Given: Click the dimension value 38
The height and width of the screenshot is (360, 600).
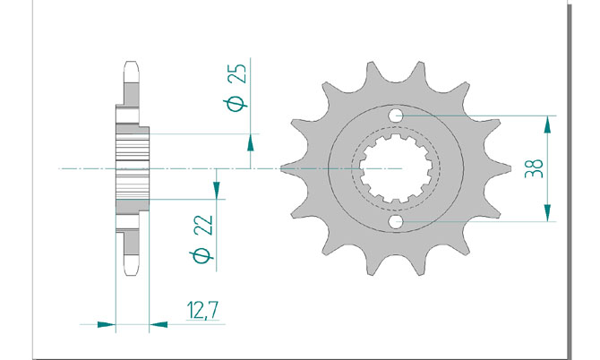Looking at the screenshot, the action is tap(534, 168).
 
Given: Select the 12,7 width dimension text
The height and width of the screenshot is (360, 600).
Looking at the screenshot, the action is tap(202, 310).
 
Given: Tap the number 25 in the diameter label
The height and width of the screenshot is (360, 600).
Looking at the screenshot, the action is tap(236, 73).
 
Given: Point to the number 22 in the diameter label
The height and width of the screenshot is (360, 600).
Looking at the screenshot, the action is tap(203, 226).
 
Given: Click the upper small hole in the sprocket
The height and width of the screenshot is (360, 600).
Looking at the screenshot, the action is tap(396, 116).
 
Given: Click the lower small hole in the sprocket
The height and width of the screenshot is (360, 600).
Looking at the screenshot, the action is tap(396, 221).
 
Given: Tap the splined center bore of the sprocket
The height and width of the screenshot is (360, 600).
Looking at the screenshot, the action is tap(396, 168).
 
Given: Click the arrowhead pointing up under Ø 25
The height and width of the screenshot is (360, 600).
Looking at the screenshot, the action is tap(250, 142).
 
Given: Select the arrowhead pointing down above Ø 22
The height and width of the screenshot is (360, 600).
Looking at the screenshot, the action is tap(217, 191).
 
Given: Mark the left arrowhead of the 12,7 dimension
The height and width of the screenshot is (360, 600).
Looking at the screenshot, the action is tap(107, 324).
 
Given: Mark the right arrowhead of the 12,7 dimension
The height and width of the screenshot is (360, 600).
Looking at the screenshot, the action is tap(158, 324).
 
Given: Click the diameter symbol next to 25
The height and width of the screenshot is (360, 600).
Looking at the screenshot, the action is tap(237, 102).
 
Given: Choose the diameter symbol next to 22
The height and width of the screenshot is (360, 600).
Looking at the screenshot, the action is tap(202, 256).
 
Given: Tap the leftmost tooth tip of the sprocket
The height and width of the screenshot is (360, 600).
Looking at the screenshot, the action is tap(281, 168).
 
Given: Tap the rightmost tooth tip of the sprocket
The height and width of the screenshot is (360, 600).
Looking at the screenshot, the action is tap(510, 168).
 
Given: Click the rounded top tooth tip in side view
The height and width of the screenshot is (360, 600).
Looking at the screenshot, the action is tap(132, 67).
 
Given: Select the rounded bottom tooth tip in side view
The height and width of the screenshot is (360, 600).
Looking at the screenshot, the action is tap(132, 270).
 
